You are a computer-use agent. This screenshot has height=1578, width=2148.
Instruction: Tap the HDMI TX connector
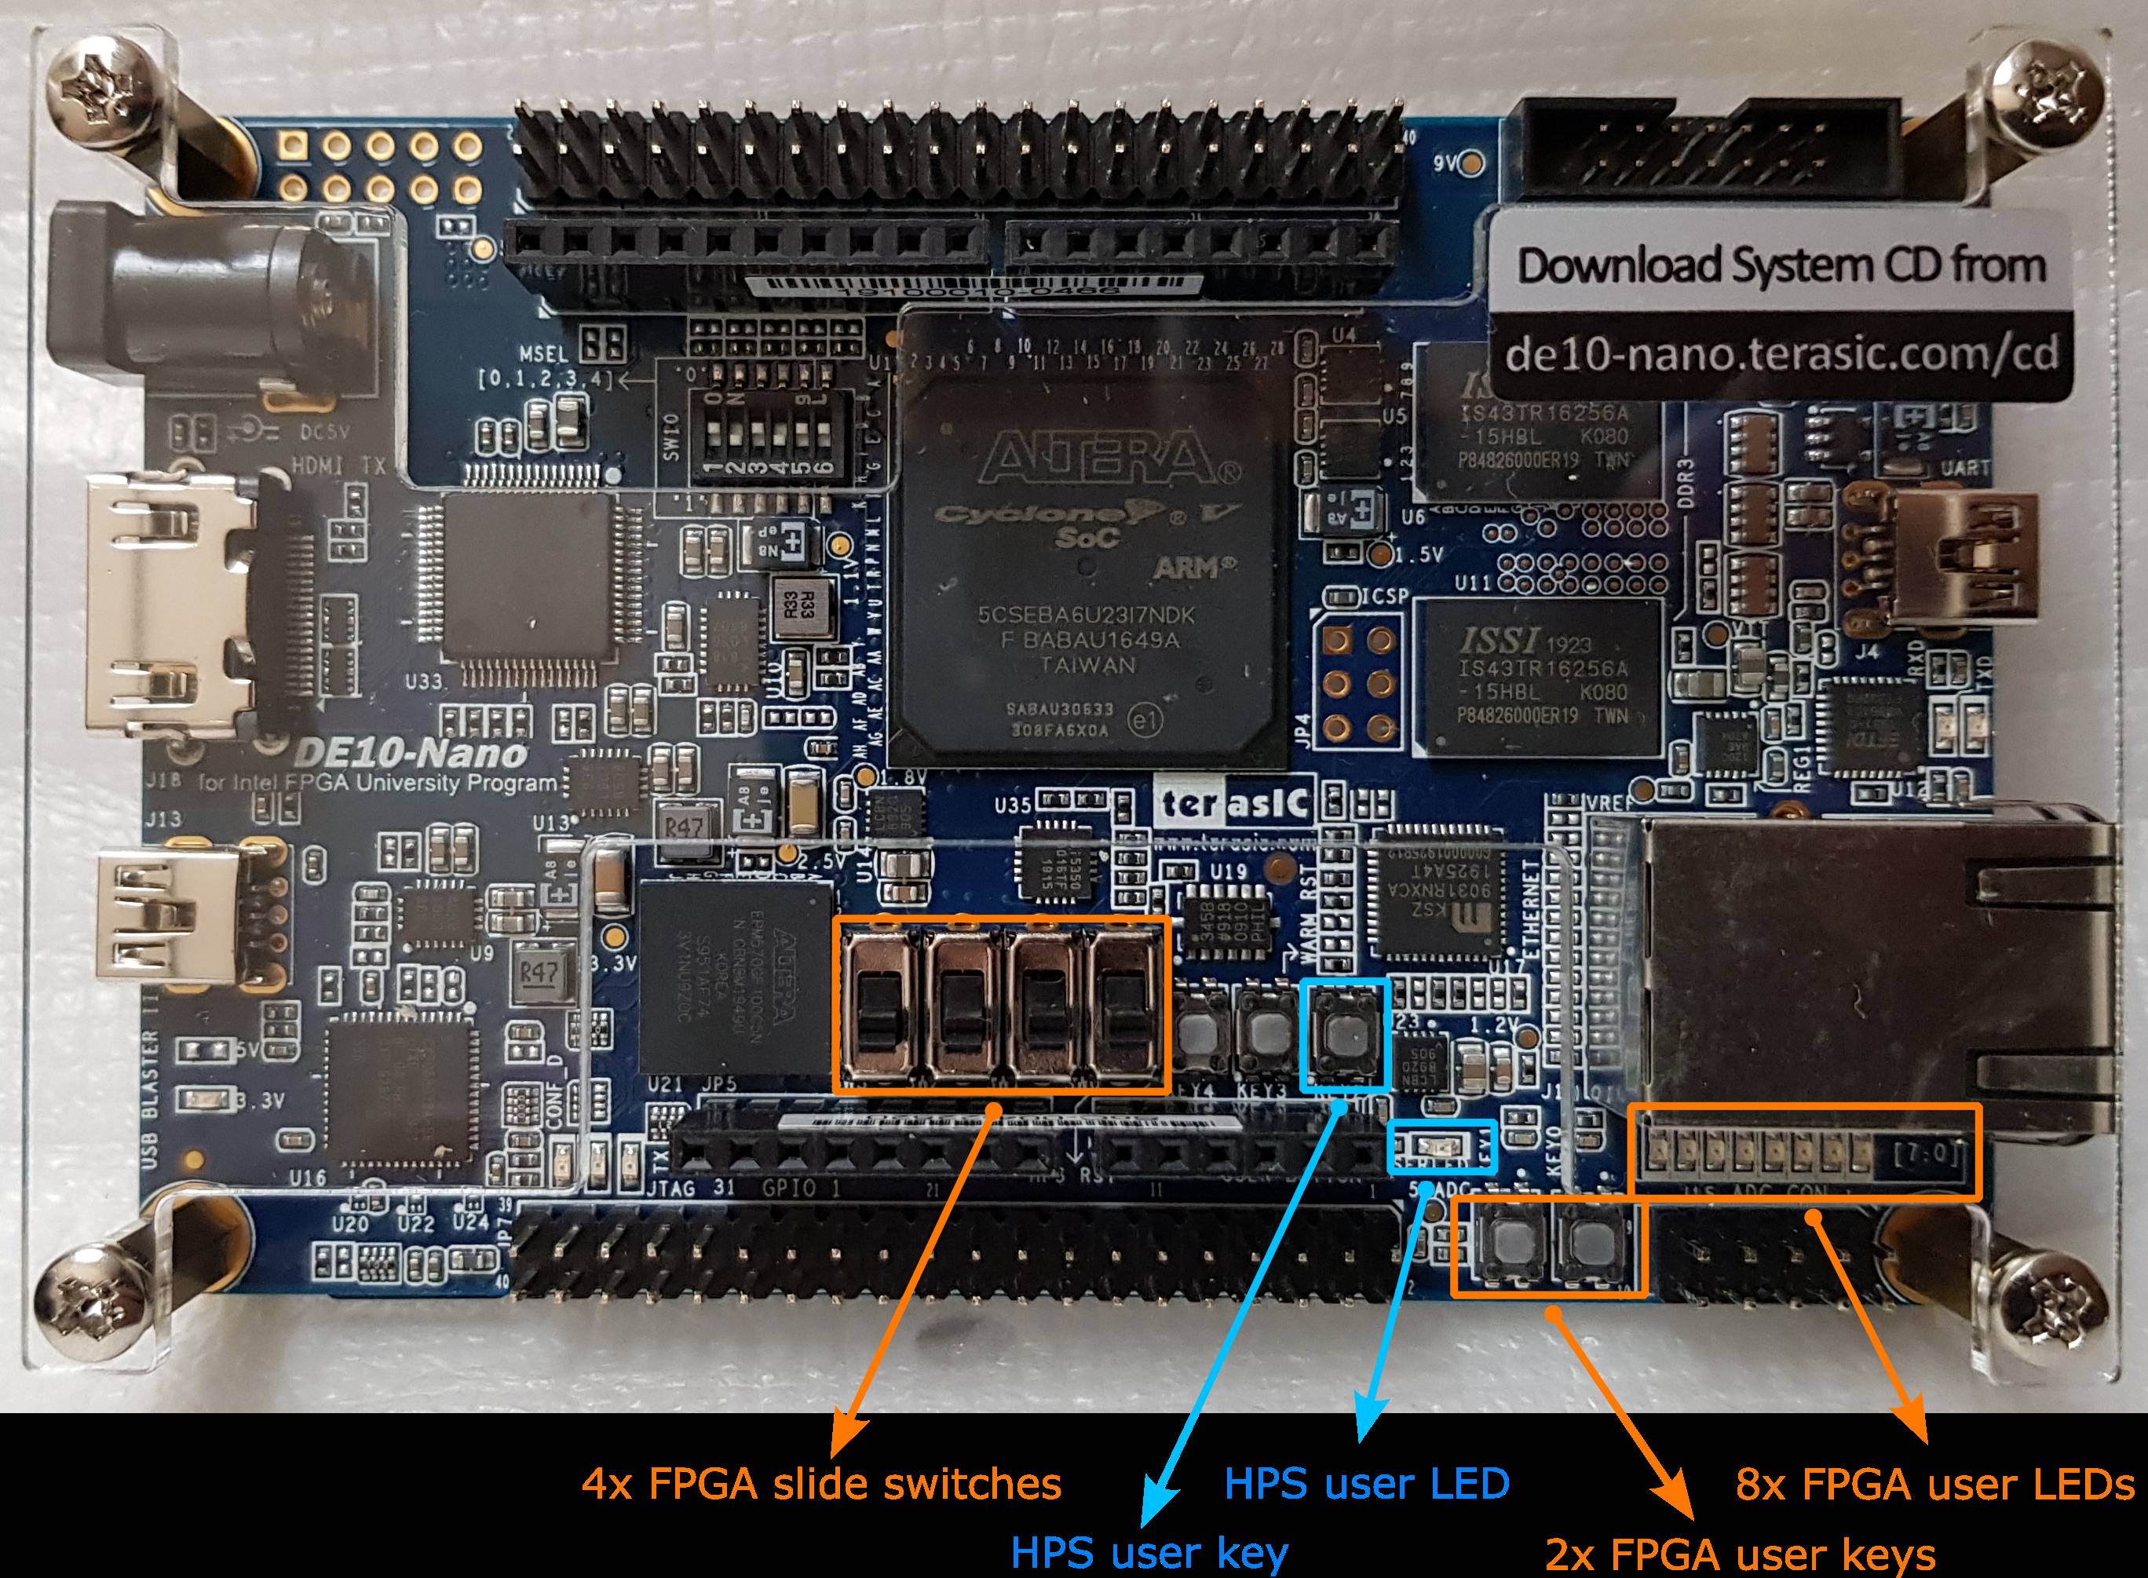pos(172,612)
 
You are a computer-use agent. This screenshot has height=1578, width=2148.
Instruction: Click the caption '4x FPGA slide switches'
pos(821,1485)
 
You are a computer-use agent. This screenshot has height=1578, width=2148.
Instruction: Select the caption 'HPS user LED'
pos(1366,1485)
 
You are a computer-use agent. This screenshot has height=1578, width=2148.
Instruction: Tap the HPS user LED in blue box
pos(1433,1145)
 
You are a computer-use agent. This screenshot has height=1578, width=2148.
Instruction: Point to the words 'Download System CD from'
pos(1781,265)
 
